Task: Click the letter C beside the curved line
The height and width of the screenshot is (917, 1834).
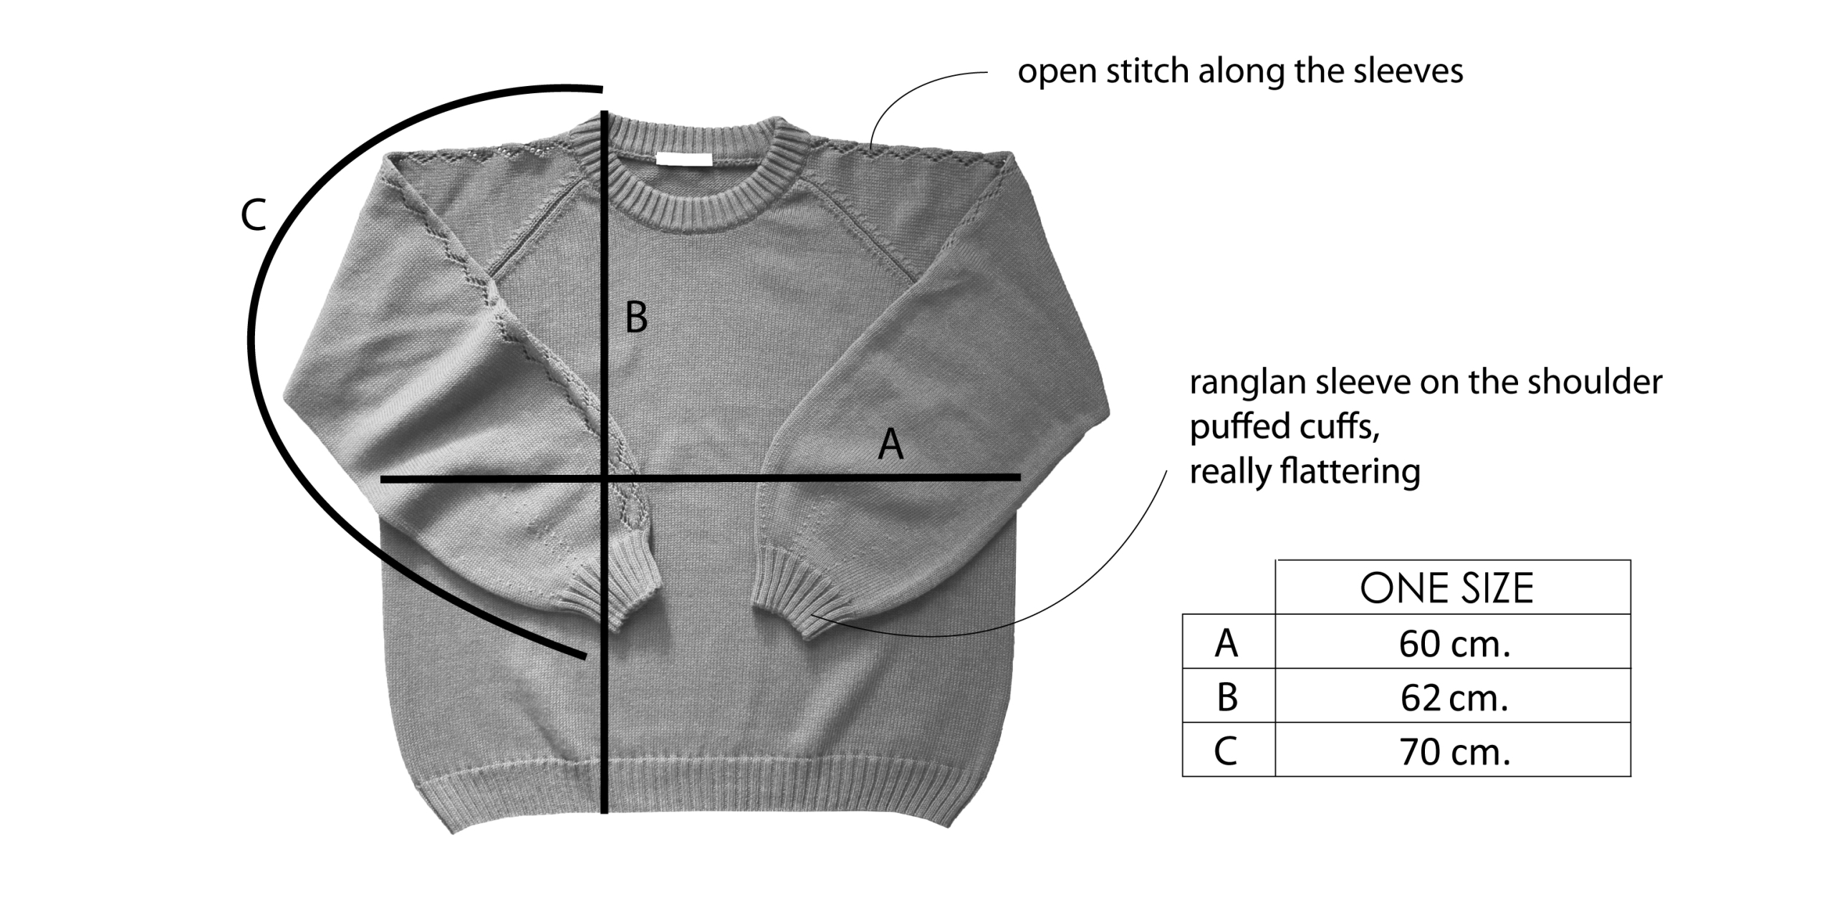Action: (254, 215)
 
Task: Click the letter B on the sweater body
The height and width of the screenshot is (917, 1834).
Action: (636, 317)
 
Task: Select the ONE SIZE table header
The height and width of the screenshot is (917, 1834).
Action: (1446, 588)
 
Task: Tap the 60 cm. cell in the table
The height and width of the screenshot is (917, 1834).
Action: (1454, 644)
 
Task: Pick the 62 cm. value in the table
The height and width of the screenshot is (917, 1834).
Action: (1454, 698)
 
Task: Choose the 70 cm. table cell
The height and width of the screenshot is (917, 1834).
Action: (1454, 752)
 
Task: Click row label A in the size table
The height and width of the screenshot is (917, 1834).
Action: (1226, 644)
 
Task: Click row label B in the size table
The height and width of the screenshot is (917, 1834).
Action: (1226, 698)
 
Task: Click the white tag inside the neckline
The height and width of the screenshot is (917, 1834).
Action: (684, 159)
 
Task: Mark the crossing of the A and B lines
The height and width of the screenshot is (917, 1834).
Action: (606, 478)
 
